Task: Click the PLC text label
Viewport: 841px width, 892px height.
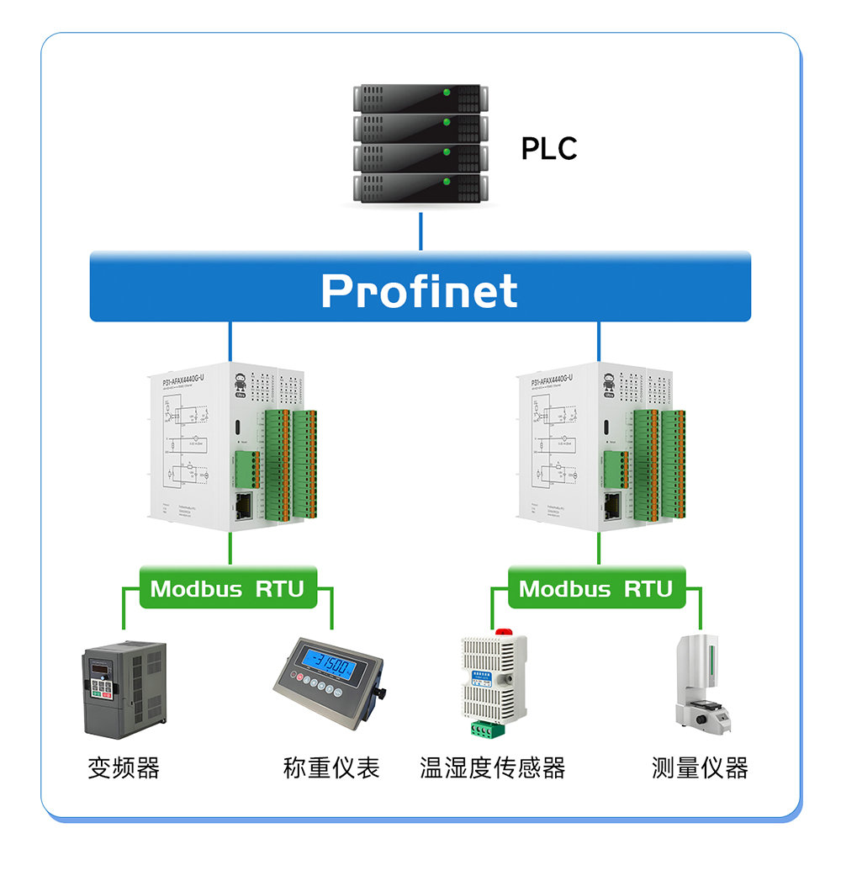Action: pyautogui.click(x=548, y=149)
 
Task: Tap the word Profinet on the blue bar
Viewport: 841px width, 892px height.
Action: pyautogui.click(x=419, y=290)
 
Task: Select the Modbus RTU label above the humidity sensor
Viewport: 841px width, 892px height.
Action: pyautogui.click(x=596, y=588)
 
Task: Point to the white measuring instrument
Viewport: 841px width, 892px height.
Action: pyautogui.click(x=700, y=681)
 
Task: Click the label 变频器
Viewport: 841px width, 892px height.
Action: pyautogui.click(x=124, y=767)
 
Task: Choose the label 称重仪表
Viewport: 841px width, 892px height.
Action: pyautogui.click(x=331, y=767)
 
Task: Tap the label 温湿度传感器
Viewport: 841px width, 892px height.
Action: pyautogui.click(x=493, y=767)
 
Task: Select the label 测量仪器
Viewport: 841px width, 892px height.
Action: pyautogui.click(x=700, y=767)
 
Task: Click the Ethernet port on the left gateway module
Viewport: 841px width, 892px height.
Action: pyautogui.click(x=244, y=507)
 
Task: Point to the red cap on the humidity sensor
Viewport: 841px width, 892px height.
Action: pyautogui.click(x=504, y=630)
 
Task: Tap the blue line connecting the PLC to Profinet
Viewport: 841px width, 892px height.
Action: pyautogui.click(x=420, y=231)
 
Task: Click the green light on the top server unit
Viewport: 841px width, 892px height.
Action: pyautogui.click(x=447, y=92)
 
